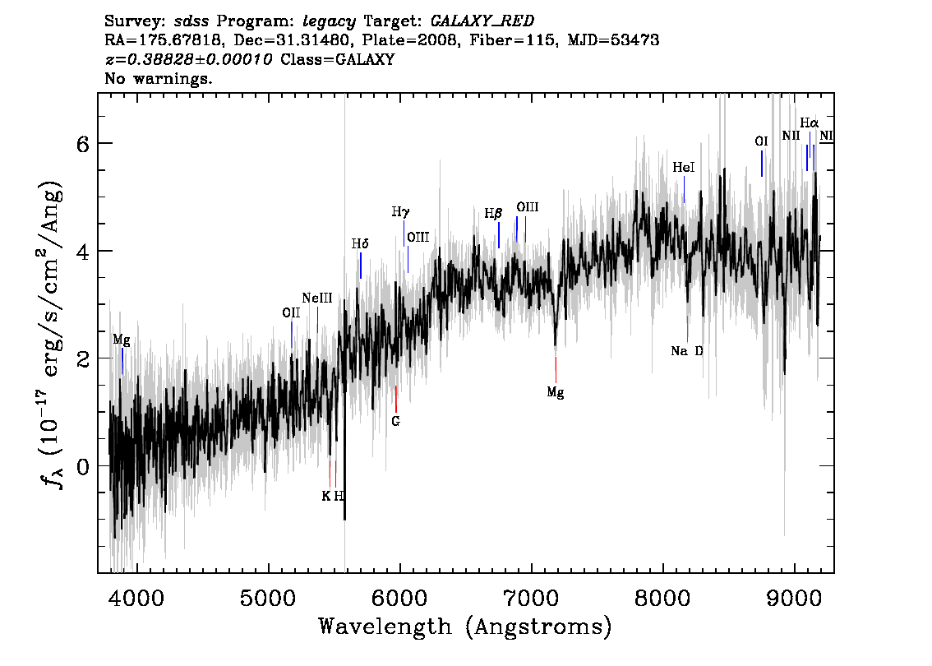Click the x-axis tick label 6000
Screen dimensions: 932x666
[400, 597]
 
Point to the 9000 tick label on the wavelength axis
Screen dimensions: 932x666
[794, 597]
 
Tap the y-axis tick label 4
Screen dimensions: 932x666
[83, 251]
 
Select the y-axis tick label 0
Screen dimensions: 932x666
[83, 466]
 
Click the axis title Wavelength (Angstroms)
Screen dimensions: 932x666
[465, 627]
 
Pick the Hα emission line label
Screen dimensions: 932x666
[809, 123]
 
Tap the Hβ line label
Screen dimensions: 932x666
[493, 214]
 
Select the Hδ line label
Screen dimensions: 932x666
[360, 244]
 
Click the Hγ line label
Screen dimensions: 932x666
[400, 212]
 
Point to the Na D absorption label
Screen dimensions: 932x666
[687, 351]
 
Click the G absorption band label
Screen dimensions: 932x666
[396, 421]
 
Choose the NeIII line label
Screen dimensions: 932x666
[316, 298]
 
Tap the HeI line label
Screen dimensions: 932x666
[684, 168]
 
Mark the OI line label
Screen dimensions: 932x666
[761, 141]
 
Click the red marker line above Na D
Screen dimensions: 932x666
[688, 329]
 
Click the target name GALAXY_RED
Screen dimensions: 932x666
[482, 21]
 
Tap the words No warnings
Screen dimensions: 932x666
[158, 78]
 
